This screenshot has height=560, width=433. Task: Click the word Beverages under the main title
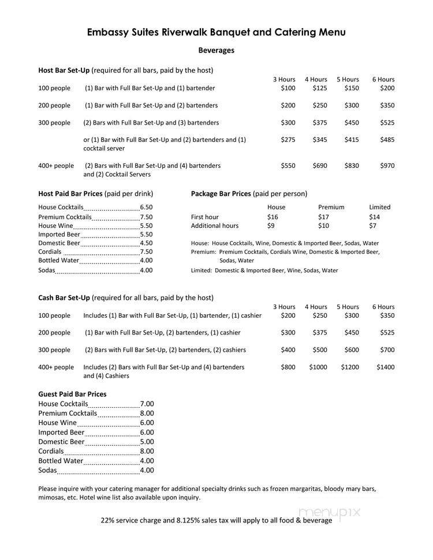[x=216, y=50]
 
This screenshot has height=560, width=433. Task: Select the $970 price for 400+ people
[x=387, y=166]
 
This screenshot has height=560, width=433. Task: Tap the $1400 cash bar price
[x=385, y=367]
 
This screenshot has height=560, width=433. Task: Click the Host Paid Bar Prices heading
[x=70, y=194]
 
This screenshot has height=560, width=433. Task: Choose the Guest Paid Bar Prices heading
[x=72, y=394]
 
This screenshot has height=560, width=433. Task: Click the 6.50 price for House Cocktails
[x=146, y=208]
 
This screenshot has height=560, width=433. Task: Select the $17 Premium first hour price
[x=324, y=217]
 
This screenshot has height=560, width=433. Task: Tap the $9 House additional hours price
[x=271, y=225]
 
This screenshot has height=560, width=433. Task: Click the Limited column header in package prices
[x=379, y=207]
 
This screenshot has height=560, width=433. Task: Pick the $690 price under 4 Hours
[x=319, y=166]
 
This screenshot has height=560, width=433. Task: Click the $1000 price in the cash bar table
[x=318, y=367]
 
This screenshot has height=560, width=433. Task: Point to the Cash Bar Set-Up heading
[x=64, y=298]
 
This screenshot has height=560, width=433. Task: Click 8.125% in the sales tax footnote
[x=195, y=520]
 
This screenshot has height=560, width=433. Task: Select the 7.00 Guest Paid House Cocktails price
[x=147, y=404]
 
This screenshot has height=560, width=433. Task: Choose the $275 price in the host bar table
[x=288, y=140]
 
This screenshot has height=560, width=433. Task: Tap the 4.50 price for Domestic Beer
[x=146, y=243]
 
